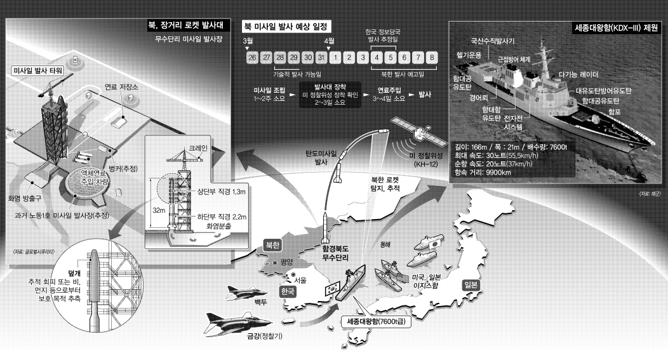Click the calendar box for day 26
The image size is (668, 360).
pos(252,58)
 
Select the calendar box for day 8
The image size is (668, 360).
pos(432,58)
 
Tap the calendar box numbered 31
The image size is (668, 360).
pos(321,58)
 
